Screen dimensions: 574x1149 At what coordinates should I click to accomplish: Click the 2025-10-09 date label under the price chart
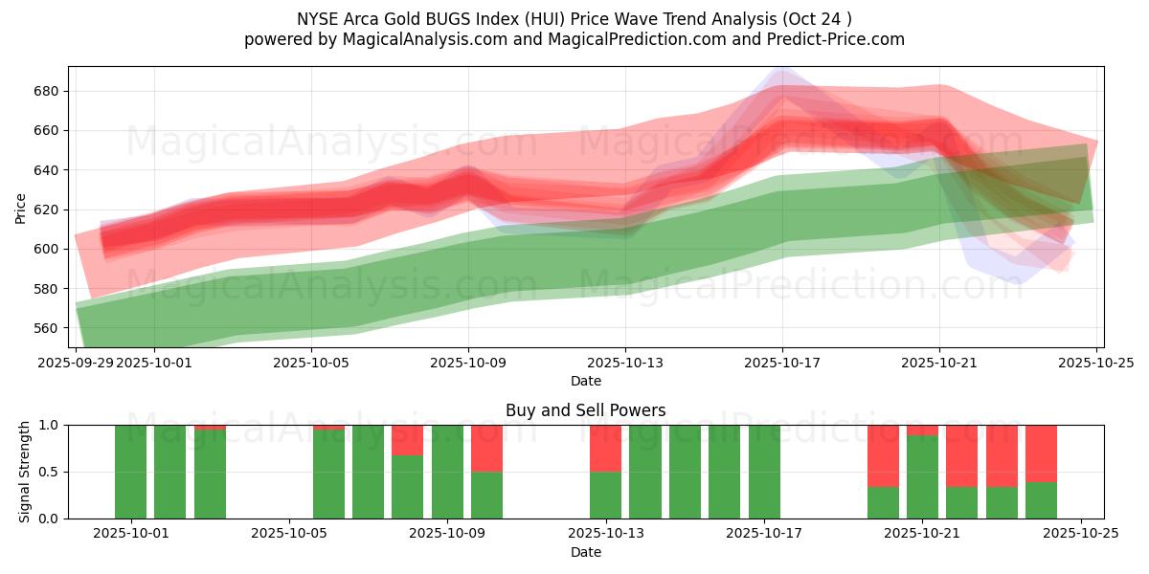point(468,364)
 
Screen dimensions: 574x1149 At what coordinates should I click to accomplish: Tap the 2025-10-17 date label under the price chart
point(782,364)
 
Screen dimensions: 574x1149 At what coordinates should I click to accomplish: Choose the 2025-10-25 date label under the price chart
point(1096,364)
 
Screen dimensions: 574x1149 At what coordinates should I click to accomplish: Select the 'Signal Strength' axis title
point(25,472)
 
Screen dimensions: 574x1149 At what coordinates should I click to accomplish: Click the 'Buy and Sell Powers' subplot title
point(585,410)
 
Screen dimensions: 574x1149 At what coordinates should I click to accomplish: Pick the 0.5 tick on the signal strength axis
point(49,472)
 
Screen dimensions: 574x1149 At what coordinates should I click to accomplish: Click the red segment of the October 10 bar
point(486,448)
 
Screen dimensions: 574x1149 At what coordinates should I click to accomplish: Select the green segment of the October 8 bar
point(407,487)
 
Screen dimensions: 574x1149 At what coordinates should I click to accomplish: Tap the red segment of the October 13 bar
point(605,448)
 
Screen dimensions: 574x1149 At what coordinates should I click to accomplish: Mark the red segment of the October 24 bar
point(1041,453)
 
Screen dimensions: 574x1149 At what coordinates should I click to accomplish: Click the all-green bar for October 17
point(764,472)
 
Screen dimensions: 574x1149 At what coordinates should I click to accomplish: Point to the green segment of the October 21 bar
point(922,477)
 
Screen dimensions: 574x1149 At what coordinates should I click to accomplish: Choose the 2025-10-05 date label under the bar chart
point(289,534)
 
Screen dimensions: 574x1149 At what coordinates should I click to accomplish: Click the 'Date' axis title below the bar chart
point(585,552)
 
